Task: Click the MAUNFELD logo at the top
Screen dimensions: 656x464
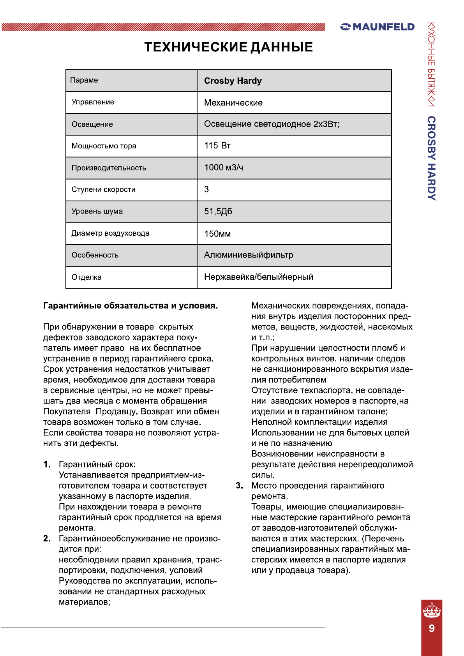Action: pyautogui.click(x=377, y=27)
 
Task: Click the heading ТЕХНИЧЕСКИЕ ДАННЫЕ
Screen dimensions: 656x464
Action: pyautogui.click(x=229, y=47)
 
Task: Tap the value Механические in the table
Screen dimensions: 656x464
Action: pyautogui.click(x=233, y=102)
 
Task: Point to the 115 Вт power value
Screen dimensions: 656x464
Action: pyautogui.click(x=217, y=146)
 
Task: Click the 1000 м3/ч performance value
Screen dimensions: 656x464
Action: pyautogui.click(x=224, y=168)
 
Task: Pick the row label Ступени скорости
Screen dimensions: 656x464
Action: pyautogui.click(x=103, y=189)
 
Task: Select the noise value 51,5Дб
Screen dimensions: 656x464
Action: pyautogui.click(x=218, y=211)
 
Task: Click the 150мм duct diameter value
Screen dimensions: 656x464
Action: pyautogui.click(x=217, y=234)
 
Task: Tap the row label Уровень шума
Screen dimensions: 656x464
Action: pyautogui.click(x=97, y=211)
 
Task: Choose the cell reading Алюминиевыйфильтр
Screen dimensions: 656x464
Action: pyautogui.click(x=249, y=255)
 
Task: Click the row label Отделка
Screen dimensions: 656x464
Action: pyautogui.click(x=86, y=277)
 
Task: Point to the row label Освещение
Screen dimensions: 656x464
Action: pyautogui.click(x=92, y=124)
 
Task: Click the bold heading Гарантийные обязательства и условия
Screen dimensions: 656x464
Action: pyautogui.click(x=131, y=306)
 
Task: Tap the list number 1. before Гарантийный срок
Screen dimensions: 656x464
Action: pyautogui.click(x=47, y=464)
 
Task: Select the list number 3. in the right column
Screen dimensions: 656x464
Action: pyautogui.click(x=239, y=485)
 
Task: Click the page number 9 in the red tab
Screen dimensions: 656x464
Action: pyautogui.click(x=432, y=628)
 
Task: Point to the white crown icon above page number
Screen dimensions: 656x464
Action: pyautogui.click(x=432, y=610)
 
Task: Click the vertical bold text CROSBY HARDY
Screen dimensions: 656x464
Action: pyautogui.click(x=431, y=158)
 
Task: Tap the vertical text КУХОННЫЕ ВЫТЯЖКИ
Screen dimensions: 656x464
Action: pyautogui.click(x=431, y=65)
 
